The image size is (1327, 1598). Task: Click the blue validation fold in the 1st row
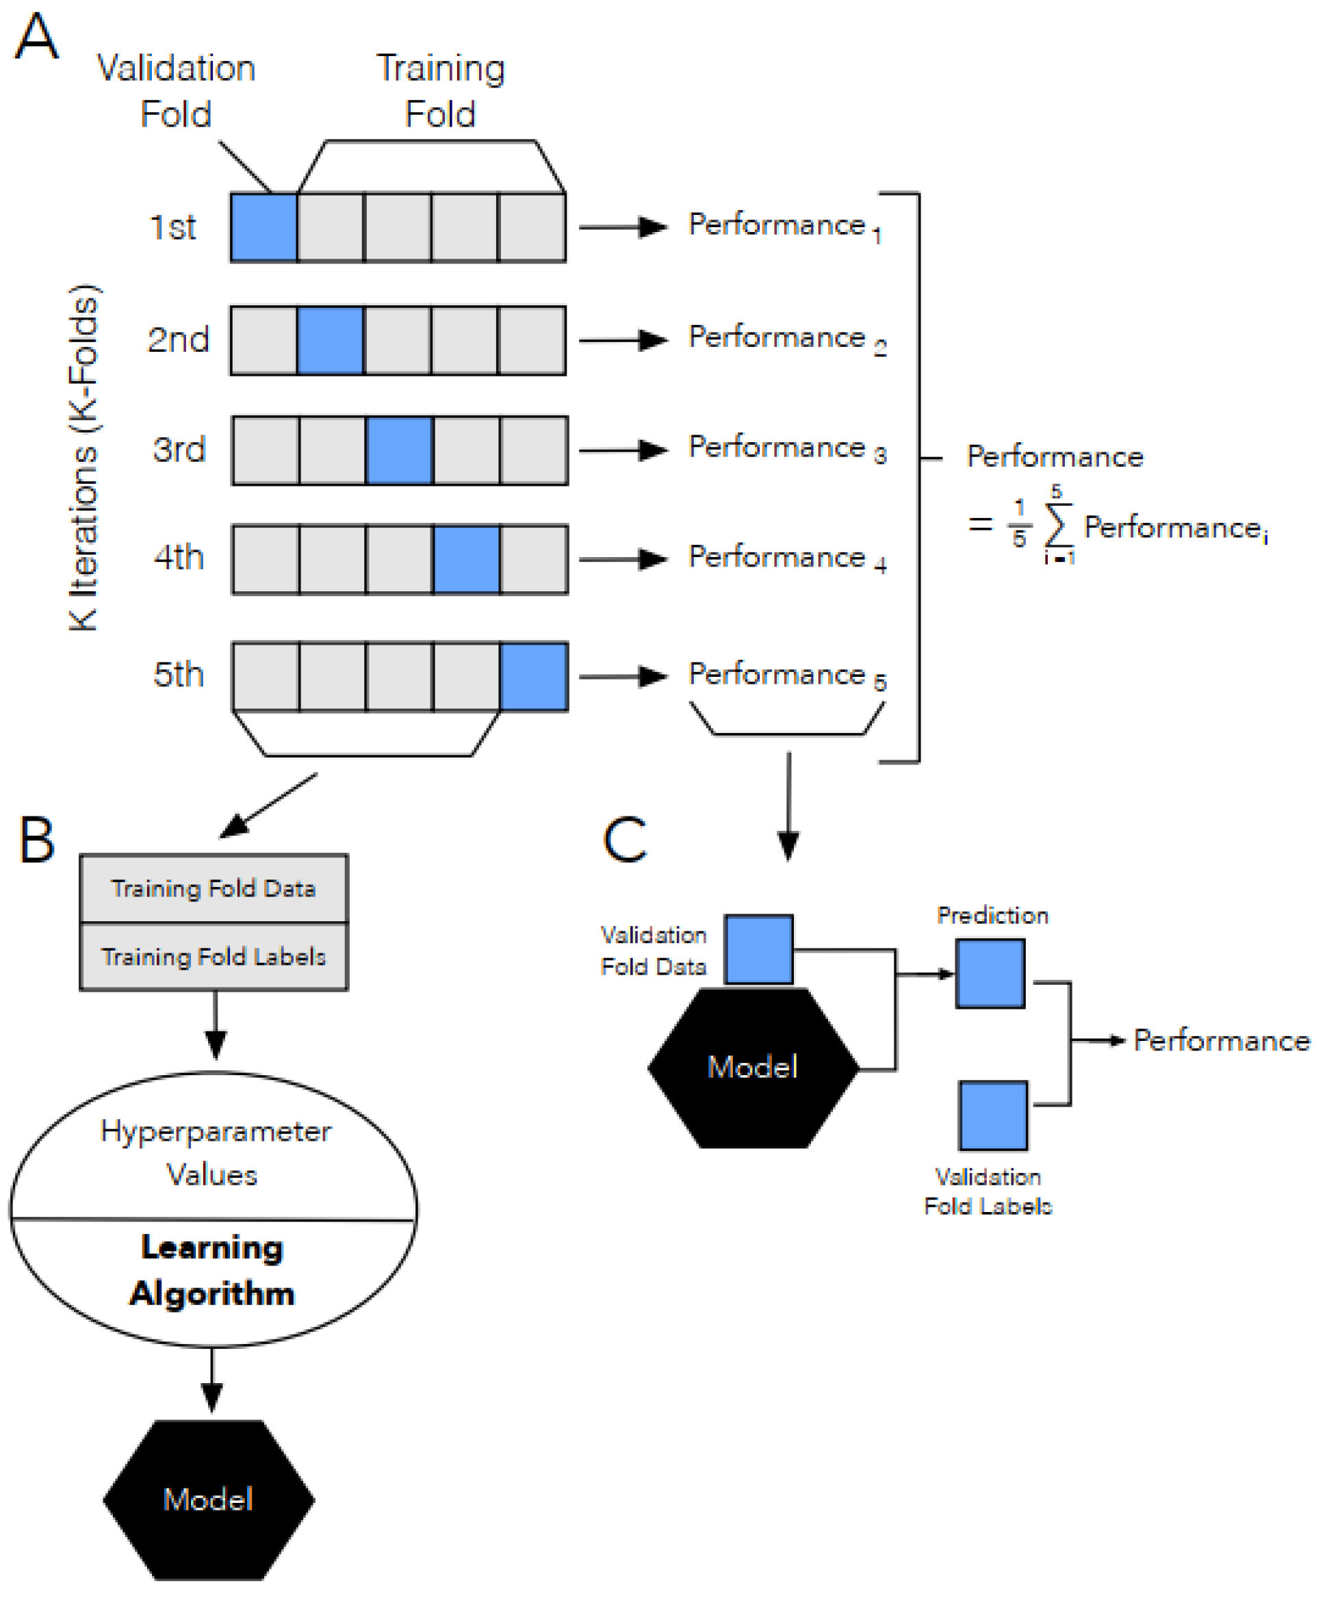pos(264,227)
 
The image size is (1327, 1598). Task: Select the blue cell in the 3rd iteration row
pos(400,450)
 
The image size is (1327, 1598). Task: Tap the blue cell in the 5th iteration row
pos(533,676)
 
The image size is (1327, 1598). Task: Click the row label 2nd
pos(178,339)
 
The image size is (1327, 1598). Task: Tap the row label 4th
pos(179,558)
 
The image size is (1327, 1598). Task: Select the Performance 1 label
pos(784,227)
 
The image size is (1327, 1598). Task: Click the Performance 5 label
pos(788,675)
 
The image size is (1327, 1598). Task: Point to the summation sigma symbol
pos(1059,524)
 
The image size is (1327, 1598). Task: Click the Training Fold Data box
pos(214,888)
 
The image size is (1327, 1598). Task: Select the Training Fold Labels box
pos(214,957)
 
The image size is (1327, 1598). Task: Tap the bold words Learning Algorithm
pos(212,1270)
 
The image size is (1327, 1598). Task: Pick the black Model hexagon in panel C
pos(753,1068)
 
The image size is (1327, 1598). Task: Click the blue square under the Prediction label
pos(990,973)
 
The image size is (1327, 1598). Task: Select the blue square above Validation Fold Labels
pos(993,1116)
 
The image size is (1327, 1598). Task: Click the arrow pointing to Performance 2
pos(623,339)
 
